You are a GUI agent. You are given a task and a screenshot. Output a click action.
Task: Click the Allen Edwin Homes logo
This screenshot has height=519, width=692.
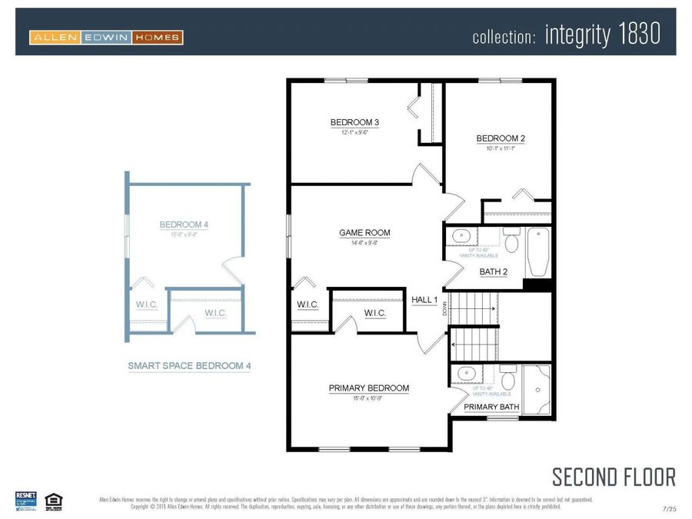106,37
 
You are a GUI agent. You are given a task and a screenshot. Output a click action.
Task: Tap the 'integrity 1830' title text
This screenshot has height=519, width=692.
602,35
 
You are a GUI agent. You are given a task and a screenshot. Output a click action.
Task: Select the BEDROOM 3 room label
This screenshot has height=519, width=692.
354,122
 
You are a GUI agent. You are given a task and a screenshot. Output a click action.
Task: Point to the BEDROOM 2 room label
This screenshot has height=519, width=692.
501,138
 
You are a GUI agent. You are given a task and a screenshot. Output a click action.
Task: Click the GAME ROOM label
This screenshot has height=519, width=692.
364,233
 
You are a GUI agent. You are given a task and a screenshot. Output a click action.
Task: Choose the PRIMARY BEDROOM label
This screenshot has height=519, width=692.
369,388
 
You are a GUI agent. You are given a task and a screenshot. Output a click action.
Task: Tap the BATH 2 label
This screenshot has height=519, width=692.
494,271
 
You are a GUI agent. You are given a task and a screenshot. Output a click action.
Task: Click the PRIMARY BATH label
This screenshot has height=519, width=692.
491,407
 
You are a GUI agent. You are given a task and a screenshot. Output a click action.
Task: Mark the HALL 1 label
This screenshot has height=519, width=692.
424,300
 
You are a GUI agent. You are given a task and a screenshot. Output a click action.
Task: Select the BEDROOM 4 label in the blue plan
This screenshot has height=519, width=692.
184,225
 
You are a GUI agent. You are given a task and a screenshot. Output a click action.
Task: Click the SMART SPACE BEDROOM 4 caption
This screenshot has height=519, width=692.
189,367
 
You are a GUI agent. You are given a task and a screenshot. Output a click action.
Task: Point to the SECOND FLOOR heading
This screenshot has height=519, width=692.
614,477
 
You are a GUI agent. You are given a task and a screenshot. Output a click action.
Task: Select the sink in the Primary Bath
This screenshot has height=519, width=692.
466,374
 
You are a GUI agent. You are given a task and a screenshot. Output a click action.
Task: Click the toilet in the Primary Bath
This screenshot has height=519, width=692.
507,379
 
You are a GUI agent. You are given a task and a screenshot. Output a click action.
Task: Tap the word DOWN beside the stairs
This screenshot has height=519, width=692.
445,309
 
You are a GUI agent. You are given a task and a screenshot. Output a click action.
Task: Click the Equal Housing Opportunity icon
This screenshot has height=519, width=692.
53,501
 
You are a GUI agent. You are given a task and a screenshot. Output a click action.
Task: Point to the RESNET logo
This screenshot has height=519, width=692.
26,500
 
